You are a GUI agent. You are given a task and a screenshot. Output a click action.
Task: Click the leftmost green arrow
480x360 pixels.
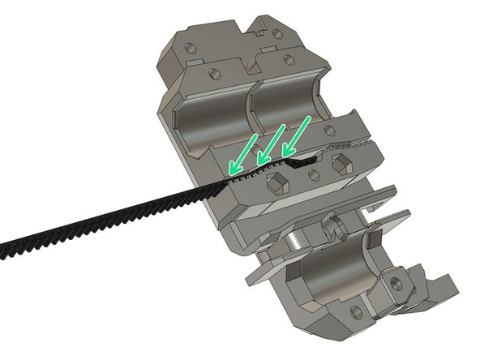coord(242,155)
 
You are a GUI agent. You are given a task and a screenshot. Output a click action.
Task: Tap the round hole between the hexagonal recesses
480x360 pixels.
coord(314,174)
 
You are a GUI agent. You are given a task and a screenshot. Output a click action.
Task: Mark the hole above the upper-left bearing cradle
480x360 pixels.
coord(212,74)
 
